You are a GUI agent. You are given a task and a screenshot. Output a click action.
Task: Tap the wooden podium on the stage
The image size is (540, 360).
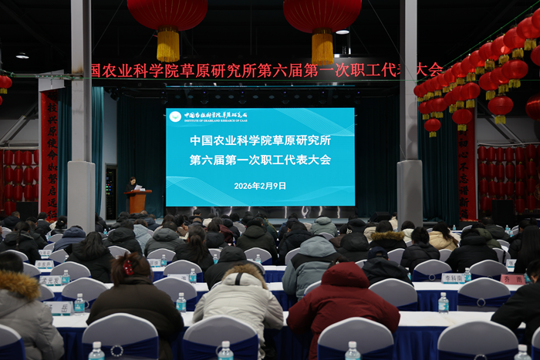tap(138, 201)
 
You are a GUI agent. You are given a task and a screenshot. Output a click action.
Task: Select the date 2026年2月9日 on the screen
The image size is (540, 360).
tap(260, 186)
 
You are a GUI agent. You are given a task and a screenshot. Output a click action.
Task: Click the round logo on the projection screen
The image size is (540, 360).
tap(175, 116)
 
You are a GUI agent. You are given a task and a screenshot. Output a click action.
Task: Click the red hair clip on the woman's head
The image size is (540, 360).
tap(127, 267)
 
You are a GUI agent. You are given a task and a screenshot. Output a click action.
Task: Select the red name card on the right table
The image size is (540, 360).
tap(512, 279)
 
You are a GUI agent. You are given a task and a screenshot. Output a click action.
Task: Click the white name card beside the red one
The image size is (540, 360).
tap(454, 278)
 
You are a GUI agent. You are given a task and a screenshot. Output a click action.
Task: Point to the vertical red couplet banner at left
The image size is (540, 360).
tap(49, 154)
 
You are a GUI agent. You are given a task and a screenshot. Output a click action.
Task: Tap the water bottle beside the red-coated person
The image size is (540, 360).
tap(443, 302)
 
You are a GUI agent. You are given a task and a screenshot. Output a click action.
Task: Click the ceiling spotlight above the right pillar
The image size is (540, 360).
tap(342, 32)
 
